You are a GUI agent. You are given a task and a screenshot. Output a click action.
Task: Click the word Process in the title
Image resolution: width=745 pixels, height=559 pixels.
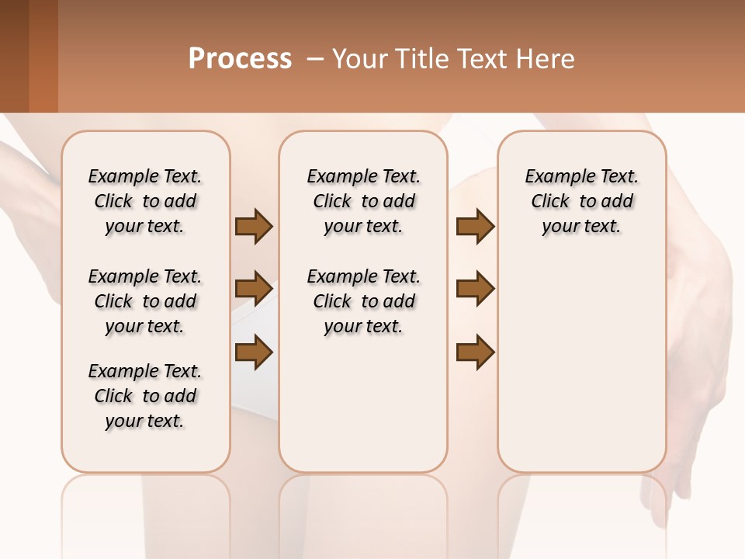[240, 58]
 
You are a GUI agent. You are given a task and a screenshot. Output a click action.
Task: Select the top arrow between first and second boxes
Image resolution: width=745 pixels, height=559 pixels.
[254, 227]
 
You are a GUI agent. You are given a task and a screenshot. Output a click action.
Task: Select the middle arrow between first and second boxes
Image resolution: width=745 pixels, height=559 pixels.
[254, 289]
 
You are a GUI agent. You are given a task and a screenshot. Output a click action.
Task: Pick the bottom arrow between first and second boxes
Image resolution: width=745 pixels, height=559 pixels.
[254, 352]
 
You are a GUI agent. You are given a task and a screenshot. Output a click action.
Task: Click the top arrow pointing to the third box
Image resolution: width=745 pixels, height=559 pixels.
[475, 227]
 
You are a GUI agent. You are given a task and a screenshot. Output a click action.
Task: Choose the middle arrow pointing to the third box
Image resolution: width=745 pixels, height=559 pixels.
[475, 289]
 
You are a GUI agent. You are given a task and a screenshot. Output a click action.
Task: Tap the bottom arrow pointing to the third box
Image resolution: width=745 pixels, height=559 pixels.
[475, 352]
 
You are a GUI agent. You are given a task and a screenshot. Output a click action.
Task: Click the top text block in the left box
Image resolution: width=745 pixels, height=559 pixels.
[145, 201]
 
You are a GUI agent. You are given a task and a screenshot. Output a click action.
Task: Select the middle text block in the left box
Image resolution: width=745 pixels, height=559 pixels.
[145, 301]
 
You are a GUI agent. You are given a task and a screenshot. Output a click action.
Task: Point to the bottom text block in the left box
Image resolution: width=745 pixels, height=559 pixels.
[145, 396]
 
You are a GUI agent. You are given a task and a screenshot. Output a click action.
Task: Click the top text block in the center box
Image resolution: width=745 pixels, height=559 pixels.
[363, 201]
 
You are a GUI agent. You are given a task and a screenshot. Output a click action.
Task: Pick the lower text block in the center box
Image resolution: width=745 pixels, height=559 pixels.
[363, 301]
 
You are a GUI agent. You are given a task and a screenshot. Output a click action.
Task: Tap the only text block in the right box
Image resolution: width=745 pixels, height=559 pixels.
[581, 201]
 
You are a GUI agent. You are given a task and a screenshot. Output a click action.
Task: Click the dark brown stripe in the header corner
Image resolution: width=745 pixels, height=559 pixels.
[14, 56]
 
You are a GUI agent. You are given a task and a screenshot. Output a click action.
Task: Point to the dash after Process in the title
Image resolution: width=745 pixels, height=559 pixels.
[315, 59]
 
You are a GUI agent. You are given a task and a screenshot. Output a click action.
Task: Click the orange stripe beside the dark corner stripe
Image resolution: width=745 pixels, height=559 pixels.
[43, 56]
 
